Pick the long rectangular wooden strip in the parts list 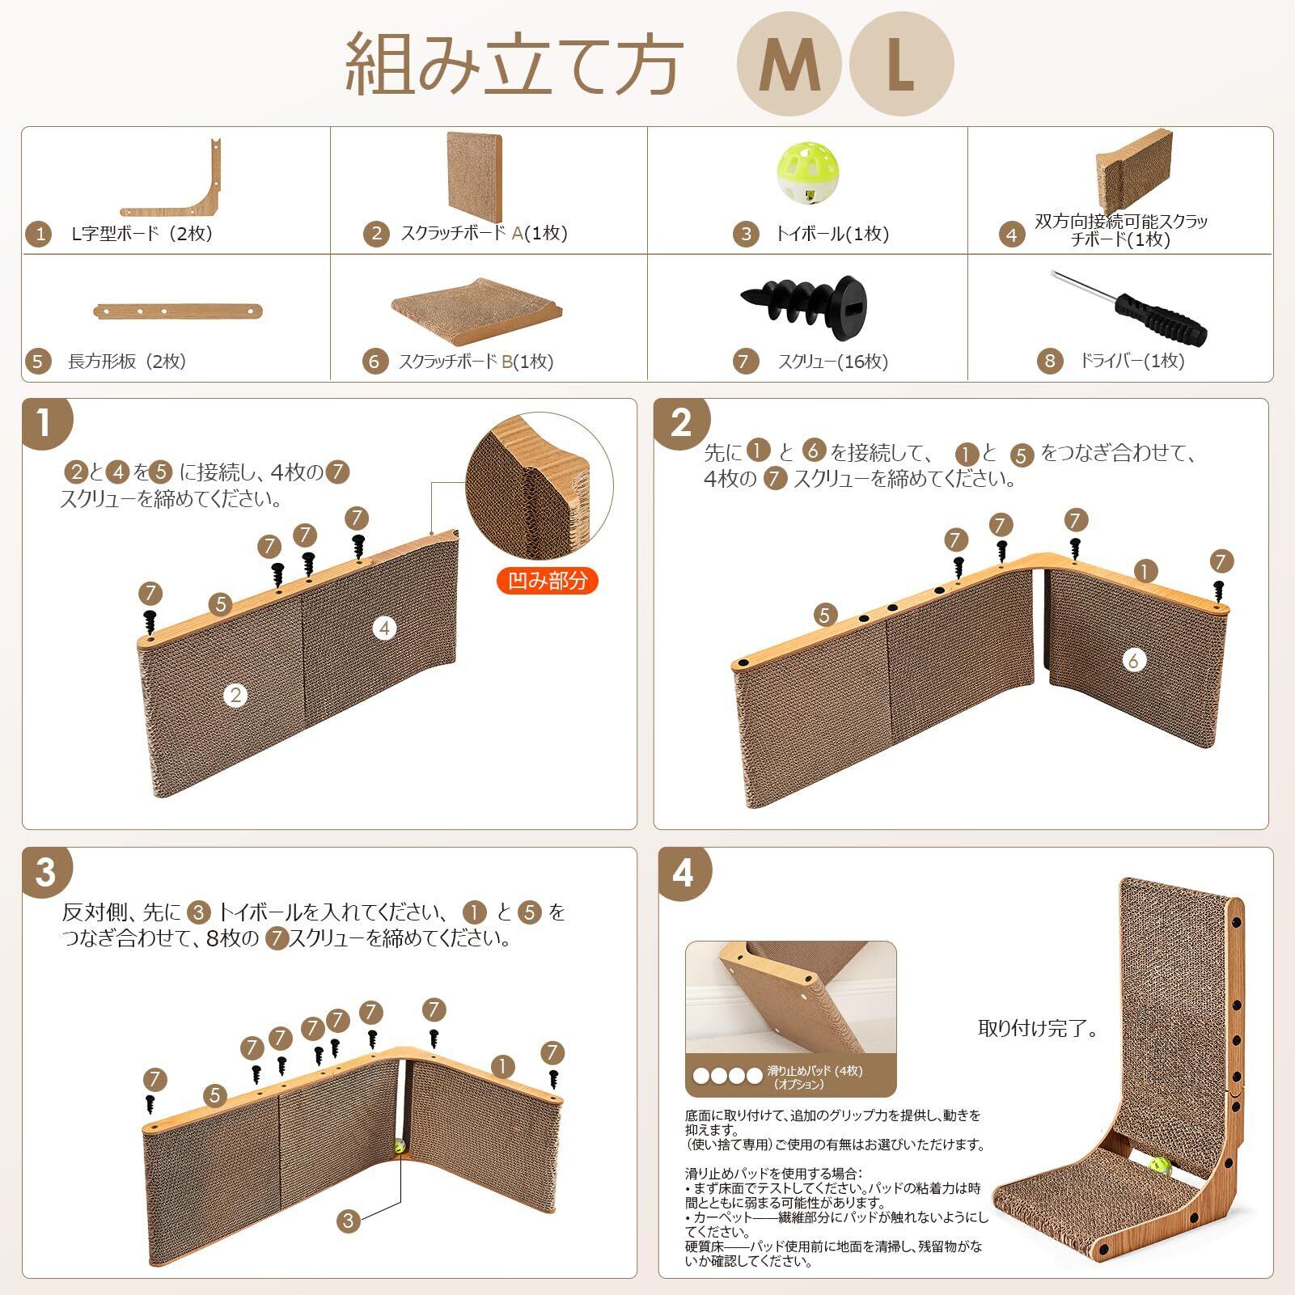(178, 311)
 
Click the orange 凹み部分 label (548, 581)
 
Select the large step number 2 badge (681, 422)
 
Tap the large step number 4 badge (683, 872)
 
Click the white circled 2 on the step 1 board (235, 694)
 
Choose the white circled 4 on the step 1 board (385, 628)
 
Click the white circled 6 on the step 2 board (1133, 660)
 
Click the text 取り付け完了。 (1038, 1028)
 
